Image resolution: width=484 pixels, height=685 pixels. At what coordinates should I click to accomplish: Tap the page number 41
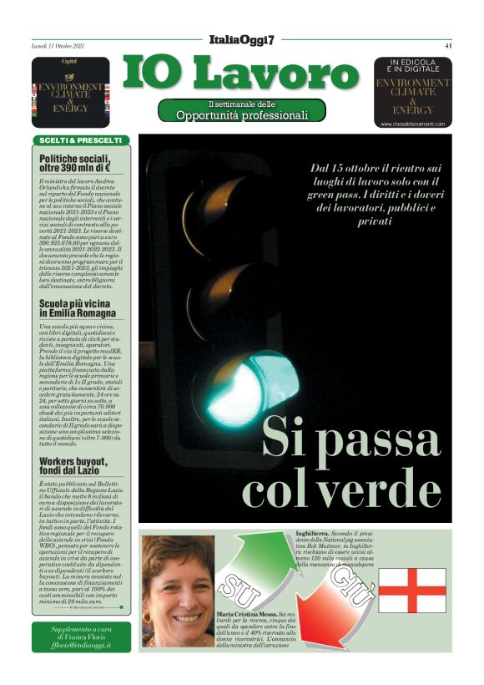coord(448,46)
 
